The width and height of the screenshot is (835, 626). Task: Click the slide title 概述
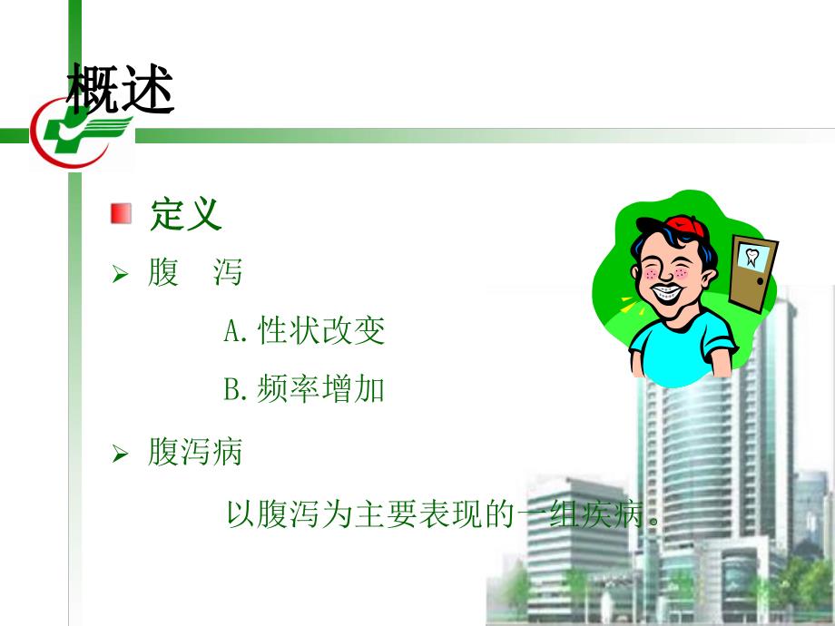(121, 89)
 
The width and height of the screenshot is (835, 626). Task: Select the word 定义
(186, 215)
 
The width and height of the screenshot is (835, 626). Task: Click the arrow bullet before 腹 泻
(119, 273)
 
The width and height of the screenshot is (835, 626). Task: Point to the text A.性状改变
(304, 331)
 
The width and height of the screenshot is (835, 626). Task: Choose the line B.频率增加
(304, 390)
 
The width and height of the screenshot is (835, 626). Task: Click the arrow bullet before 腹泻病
(119, 453)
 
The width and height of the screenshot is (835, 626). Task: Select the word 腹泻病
(195, 452)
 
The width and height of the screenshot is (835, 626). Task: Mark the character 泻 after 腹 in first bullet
(228, 272)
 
